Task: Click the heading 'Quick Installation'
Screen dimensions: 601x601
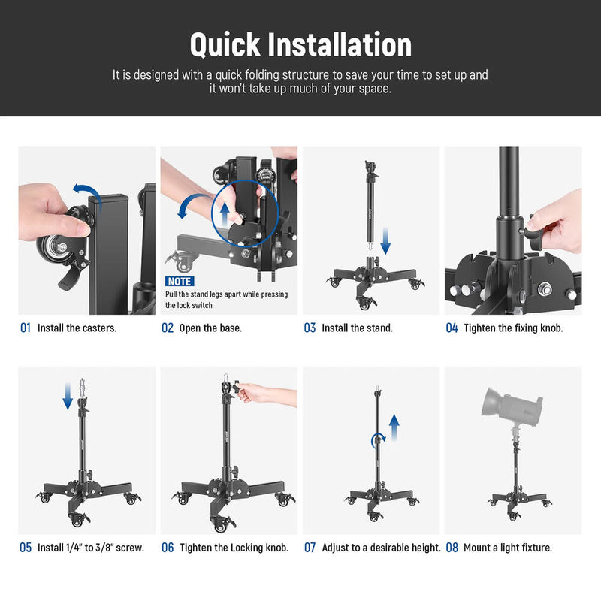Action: (300, 44)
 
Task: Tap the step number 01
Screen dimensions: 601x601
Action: (26, 328)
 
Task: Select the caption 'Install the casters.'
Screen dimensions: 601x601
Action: (77, 328)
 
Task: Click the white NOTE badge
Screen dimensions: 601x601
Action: (179, 281)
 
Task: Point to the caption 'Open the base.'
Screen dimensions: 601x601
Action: (210, 328)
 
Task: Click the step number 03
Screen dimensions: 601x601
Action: (310, 328)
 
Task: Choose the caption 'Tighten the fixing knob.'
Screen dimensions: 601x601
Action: (514, 328)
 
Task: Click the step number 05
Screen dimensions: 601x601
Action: (26, 548)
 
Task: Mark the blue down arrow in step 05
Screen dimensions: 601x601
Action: (68, 395)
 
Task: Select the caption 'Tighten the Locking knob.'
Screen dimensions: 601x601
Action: (234, 548)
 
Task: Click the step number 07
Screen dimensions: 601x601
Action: (310, 548)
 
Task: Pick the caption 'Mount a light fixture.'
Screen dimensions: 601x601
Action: (508, 548)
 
